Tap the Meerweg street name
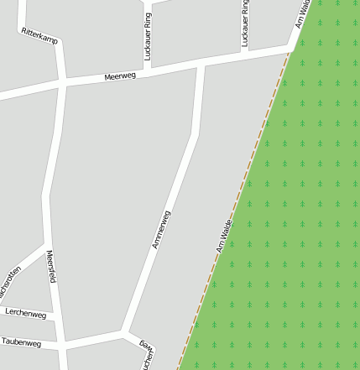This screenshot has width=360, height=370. click(120, 76)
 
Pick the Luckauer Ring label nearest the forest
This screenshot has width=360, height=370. click(244, 23)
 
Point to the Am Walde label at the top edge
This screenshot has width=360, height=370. click(304, 13)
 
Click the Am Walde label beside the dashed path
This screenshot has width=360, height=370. click(223, 237)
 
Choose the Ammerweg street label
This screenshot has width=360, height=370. click(161, 230)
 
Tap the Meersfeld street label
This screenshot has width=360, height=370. click(51, 267)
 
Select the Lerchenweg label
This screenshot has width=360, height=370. click(25, 313)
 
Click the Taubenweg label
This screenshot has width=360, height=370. click(21, 342)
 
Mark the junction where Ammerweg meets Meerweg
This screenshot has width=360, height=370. click(201, 64)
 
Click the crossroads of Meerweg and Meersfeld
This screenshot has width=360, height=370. click(63, 82)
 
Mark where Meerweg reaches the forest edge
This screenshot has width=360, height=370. click(290, 50)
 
